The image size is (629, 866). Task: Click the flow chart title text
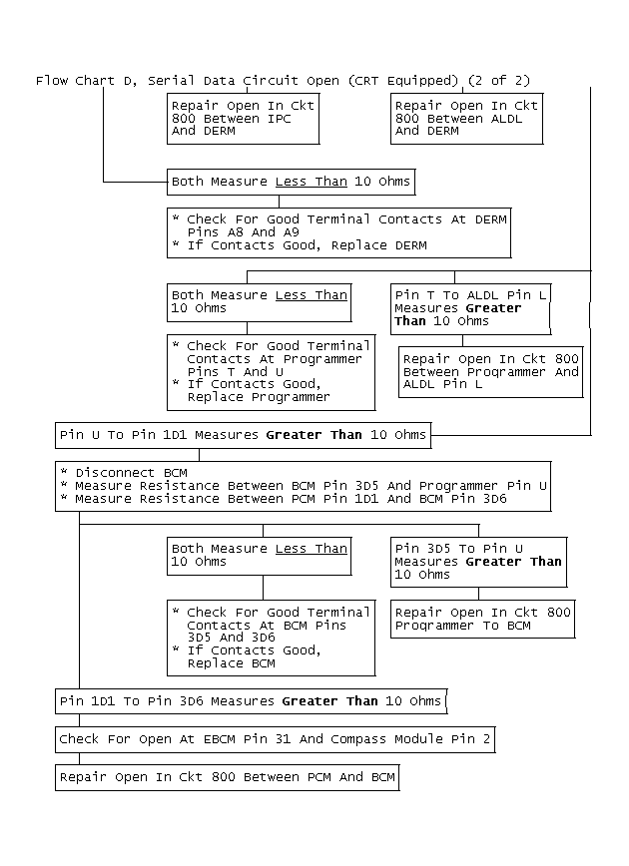point(291,80)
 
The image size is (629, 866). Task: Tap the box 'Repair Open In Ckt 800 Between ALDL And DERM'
point(466,118)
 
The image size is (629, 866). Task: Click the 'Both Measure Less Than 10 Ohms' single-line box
point(290,182)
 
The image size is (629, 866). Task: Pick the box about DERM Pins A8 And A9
point(338,232)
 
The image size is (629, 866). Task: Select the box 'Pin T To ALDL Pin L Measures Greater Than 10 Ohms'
point(471,308)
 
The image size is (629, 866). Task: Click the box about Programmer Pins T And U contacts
point(271,371)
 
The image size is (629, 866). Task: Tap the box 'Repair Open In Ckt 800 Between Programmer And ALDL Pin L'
point(490,371)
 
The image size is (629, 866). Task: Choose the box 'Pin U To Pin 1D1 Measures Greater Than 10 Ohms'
point(243,434)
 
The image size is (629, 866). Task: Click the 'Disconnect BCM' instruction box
point(303,486)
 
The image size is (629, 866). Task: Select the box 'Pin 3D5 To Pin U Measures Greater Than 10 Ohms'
point(478,562)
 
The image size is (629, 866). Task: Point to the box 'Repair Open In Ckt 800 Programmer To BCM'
point(483,619)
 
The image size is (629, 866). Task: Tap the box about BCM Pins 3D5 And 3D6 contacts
point(271,638)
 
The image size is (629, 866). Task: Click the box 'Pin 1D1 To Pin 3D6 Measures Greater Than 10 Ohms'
point(250,701)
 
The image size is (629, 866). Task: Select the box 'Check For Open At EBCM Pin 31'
point(275,739)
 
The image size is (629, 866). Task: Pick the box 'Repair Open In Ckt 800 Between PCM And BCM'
point(227,777)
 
